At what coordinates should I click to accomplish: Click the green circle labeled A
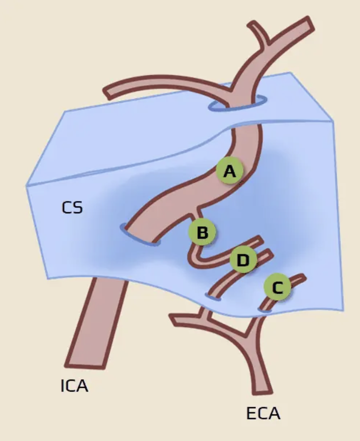229,171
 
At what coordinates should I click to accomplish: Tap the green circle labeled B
202,233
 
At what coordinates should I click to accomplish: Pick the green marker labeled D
243,260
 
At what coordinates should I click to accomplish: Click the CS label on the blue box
72,208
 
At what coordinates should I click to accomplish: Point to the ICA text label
74,386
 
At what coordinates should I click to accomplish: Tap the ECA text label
263,413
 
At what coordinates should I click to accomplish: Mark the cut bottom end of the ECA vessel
262,390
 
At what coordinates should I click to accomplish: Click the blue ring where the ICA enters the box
140,234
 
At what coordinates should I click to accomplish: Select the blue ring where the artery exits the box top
238,105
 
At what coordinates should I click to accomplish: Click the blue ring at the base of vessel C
265,309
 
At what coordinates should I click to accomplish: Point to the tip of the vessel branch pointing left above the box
107,92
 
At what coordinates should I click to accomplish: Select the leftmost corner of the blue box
27,186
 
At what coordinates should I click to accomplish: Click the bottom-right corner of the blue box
343,310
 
